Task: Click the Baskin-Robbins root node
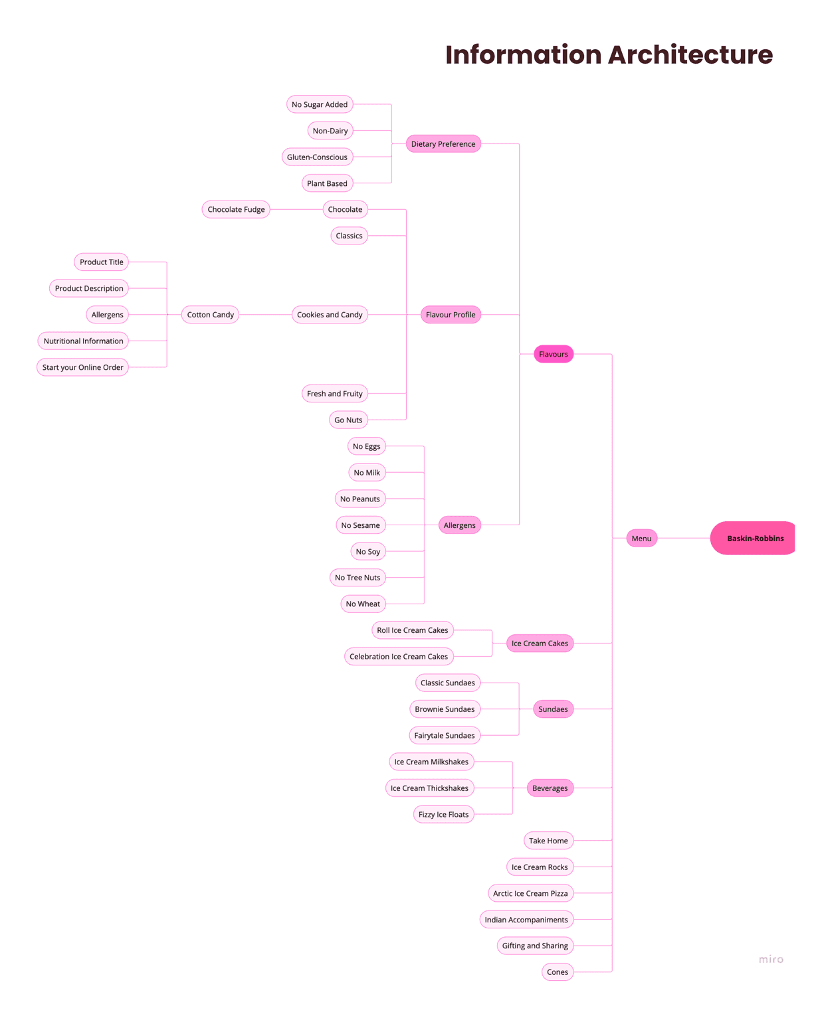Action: [x=754, y=539]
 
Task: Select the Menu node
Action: [x=641, y=539]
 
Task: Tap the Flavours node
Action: [x=553, y=355]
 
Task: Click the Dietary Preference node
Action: [x=443, y=144]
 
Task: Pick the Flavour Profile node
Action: [x=451, y=315]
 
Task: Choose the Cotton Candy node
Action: [x=210, y=315]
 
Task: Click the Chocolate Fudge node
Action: [x=236, y=210]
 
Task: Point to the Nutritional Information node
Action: [x=83, y=341]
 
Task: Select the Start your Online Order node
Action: [x=82, y=367]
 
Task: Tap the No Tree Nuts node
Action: [x=357, y=578]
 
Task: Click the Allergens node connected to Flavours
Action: [x=459, y=525]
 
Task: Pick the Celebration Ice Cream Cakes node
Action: [x=399, y=657]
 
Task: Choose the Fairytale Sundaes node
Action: [x=445, y=736]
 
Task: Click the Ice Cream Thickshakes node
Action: [x=429, y=788]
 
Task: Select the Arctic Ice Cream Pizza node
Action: [x=530, y=894]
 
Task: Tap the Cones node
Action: [x=557, y=972]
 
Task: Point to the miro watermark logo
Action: [x=771, y=960]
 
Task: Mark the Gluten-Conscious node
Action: [x=317, y=157]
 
